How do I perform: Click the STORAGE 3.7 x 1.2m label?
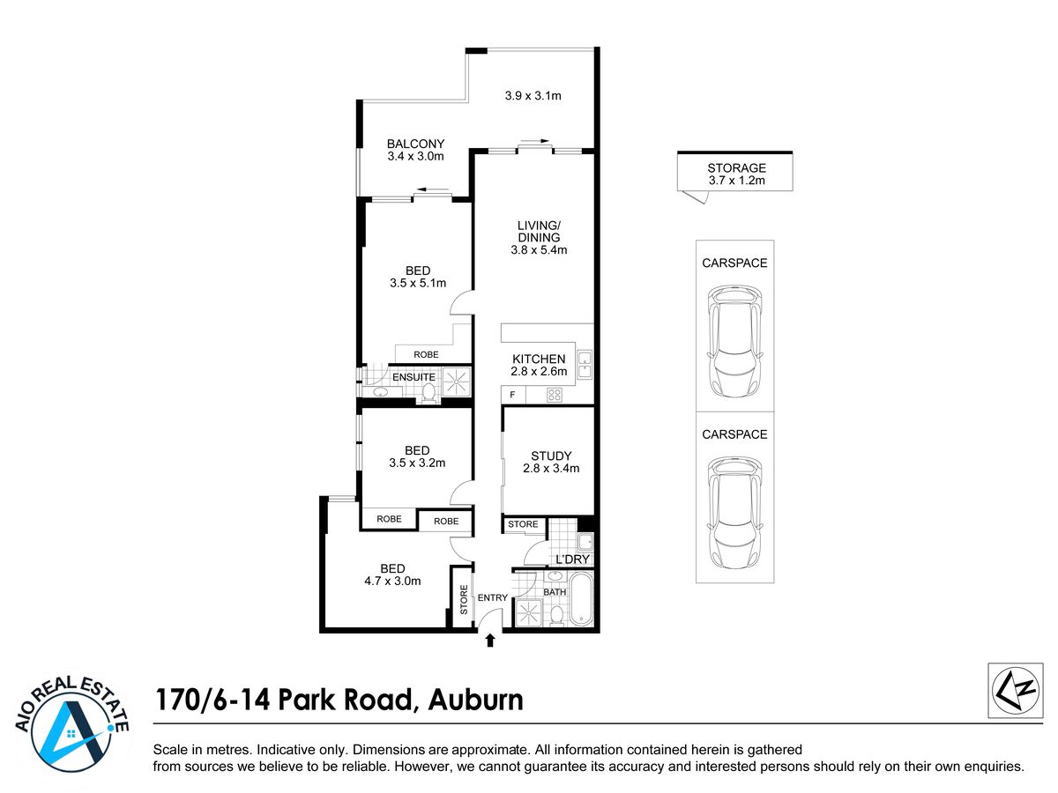[736, 174]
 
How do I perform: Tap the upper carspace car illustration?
[734, 341]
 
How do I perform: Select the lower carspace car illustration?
[734, 513]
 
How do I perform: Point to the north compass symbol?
[1015, 690]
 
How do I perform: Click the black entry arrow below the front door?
[490, 640]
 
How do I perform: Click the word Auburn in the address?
[475, 700]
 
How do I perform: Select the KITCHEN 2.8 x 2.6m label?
[539, 365]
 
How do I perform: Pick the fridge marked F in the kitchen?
[513, 395]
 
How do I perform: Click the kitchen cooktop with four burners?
[555, 395]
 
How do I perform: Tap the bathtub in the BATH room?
[581, 599]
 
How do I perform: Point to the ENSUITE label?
[414, 377]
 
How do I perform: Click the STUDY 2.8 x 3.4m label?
[551, 462]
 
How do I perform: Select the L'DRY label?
[572, 559]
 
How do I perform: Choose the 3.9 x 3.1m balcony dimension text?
[533, 95]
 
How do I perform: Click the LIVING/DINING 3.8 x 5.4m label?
[539, 237]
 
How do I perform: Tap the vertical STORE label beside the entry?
[464, 599]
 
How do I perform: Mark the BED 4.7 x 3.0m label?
[392, 574]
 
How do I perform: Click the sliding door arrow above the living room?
[534, 141]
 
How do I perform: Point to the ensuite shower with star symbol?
[456, 382]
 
